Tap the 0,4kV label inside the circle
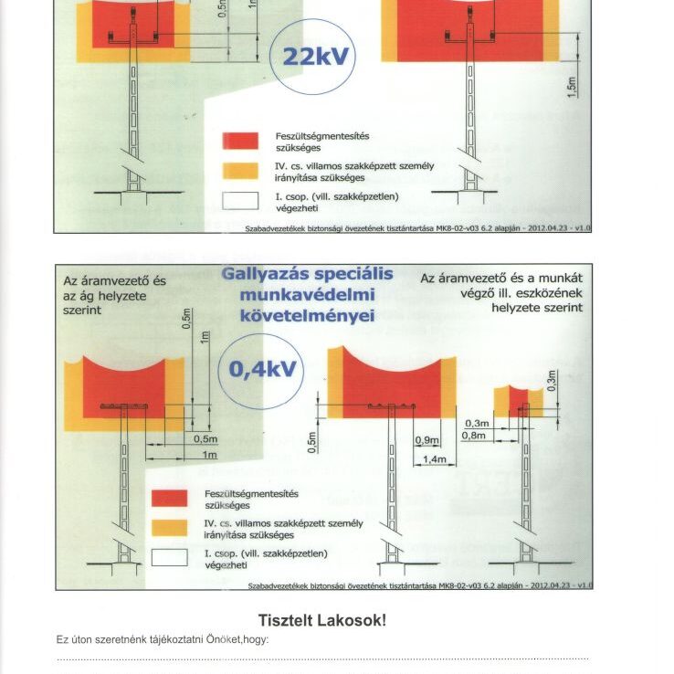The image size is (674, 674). pyautogui.click(x=262, y=370)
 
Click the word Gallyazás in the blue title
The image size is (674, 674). pyautogui.click(x=269, y=274)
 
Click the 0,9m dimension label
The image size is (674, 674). pyautogui.click(x=427, y=440)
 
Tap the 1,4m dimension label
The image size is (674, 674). pyautogui.click(x=435, y=459)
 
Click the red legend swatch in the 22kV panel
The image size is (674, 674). pyautogui.click(x=242, y=141)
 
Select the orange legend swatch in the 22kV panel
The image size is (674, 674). pyautogui.click(x=242, y=171)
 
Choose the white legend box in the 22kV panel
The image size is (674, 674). pyautogui.click(x=242, y=201)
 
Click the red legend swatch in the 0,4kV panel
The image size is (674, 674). pyautogui.click(x=169, y=499)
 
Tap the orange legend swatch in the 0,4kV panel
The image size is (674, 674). pyautogui.click(x=169, y=528)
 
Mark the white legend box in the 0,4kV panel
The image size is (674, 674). pyautogui.click(x=169, y=558)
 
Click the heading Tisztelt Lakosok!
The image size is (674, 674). pyautogui.click(x=322, y=621)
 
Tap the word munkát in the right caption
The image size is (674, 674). pyautogui.click(x=557, y=277)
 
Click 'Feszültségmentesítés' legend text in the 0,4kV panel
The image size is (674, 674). pyautogui.click(x=251, y=493)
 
